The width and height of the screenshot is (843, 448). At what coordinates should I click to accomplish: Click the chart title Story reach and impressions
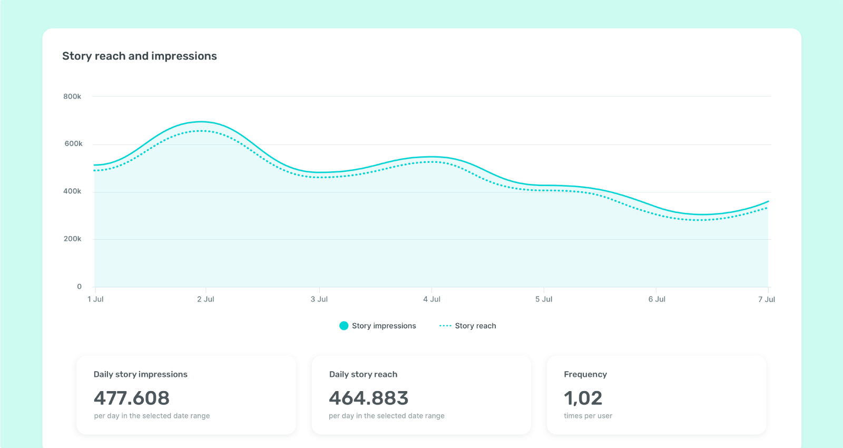pos(139,56)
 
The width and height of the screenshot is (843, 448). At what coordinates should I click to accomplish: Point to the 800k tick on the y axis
pos(72,96)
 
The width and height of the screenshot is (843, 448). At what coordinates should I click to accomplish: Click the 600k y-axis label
pos(73,144)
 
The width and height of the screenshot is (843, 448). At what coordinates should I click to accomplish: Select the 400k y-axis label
pos(72,191)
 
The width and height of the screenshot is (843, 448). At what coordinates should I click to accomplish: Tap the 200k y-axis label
pos(72,239)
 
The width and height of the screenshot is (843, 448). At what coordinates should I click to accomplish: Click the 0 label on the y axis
pos(80,287)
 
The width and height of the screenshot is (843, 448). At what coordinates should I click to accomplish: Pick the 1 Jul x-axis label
pos(95,299)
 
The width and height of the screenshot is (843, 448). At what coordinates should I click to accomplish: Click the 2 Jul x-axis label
pos(205,299)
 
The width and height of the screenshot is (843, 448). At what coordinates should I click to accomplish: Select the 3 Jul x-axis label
pos(319,299)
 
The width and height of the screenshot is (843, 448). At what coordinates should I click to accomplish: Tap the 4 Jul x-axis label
pos(432,299)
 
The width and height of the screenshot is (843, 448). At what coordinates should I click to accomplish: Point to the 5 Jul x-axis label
pos(544,299)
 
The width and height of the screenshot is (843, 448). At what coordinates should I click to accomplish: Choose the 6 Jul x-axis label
pos(656,299)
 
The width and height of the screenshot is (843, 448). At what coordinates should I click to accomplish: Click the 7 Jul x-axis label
pos(766,299)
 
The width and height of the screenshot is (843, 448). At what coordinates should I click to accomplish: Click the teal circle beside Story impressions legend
pos(344,326)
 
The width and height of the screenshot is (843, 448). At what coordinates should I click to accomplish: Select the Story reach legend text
pos(475,326)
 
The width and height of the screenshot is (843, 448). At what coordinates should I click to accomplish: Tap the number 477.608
pos(132,398)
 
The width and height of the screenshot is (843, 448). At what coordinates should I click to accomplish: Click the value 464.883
pos(369,398)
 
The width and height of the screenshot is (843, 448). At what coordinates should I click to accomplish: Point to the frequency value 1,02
pos(583,398)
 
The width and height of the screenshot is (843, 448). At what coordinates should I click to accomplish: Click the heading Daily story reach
pos(363,374)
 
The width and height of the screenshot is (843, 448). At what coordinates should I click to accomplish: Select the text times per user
pos(588,416)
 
